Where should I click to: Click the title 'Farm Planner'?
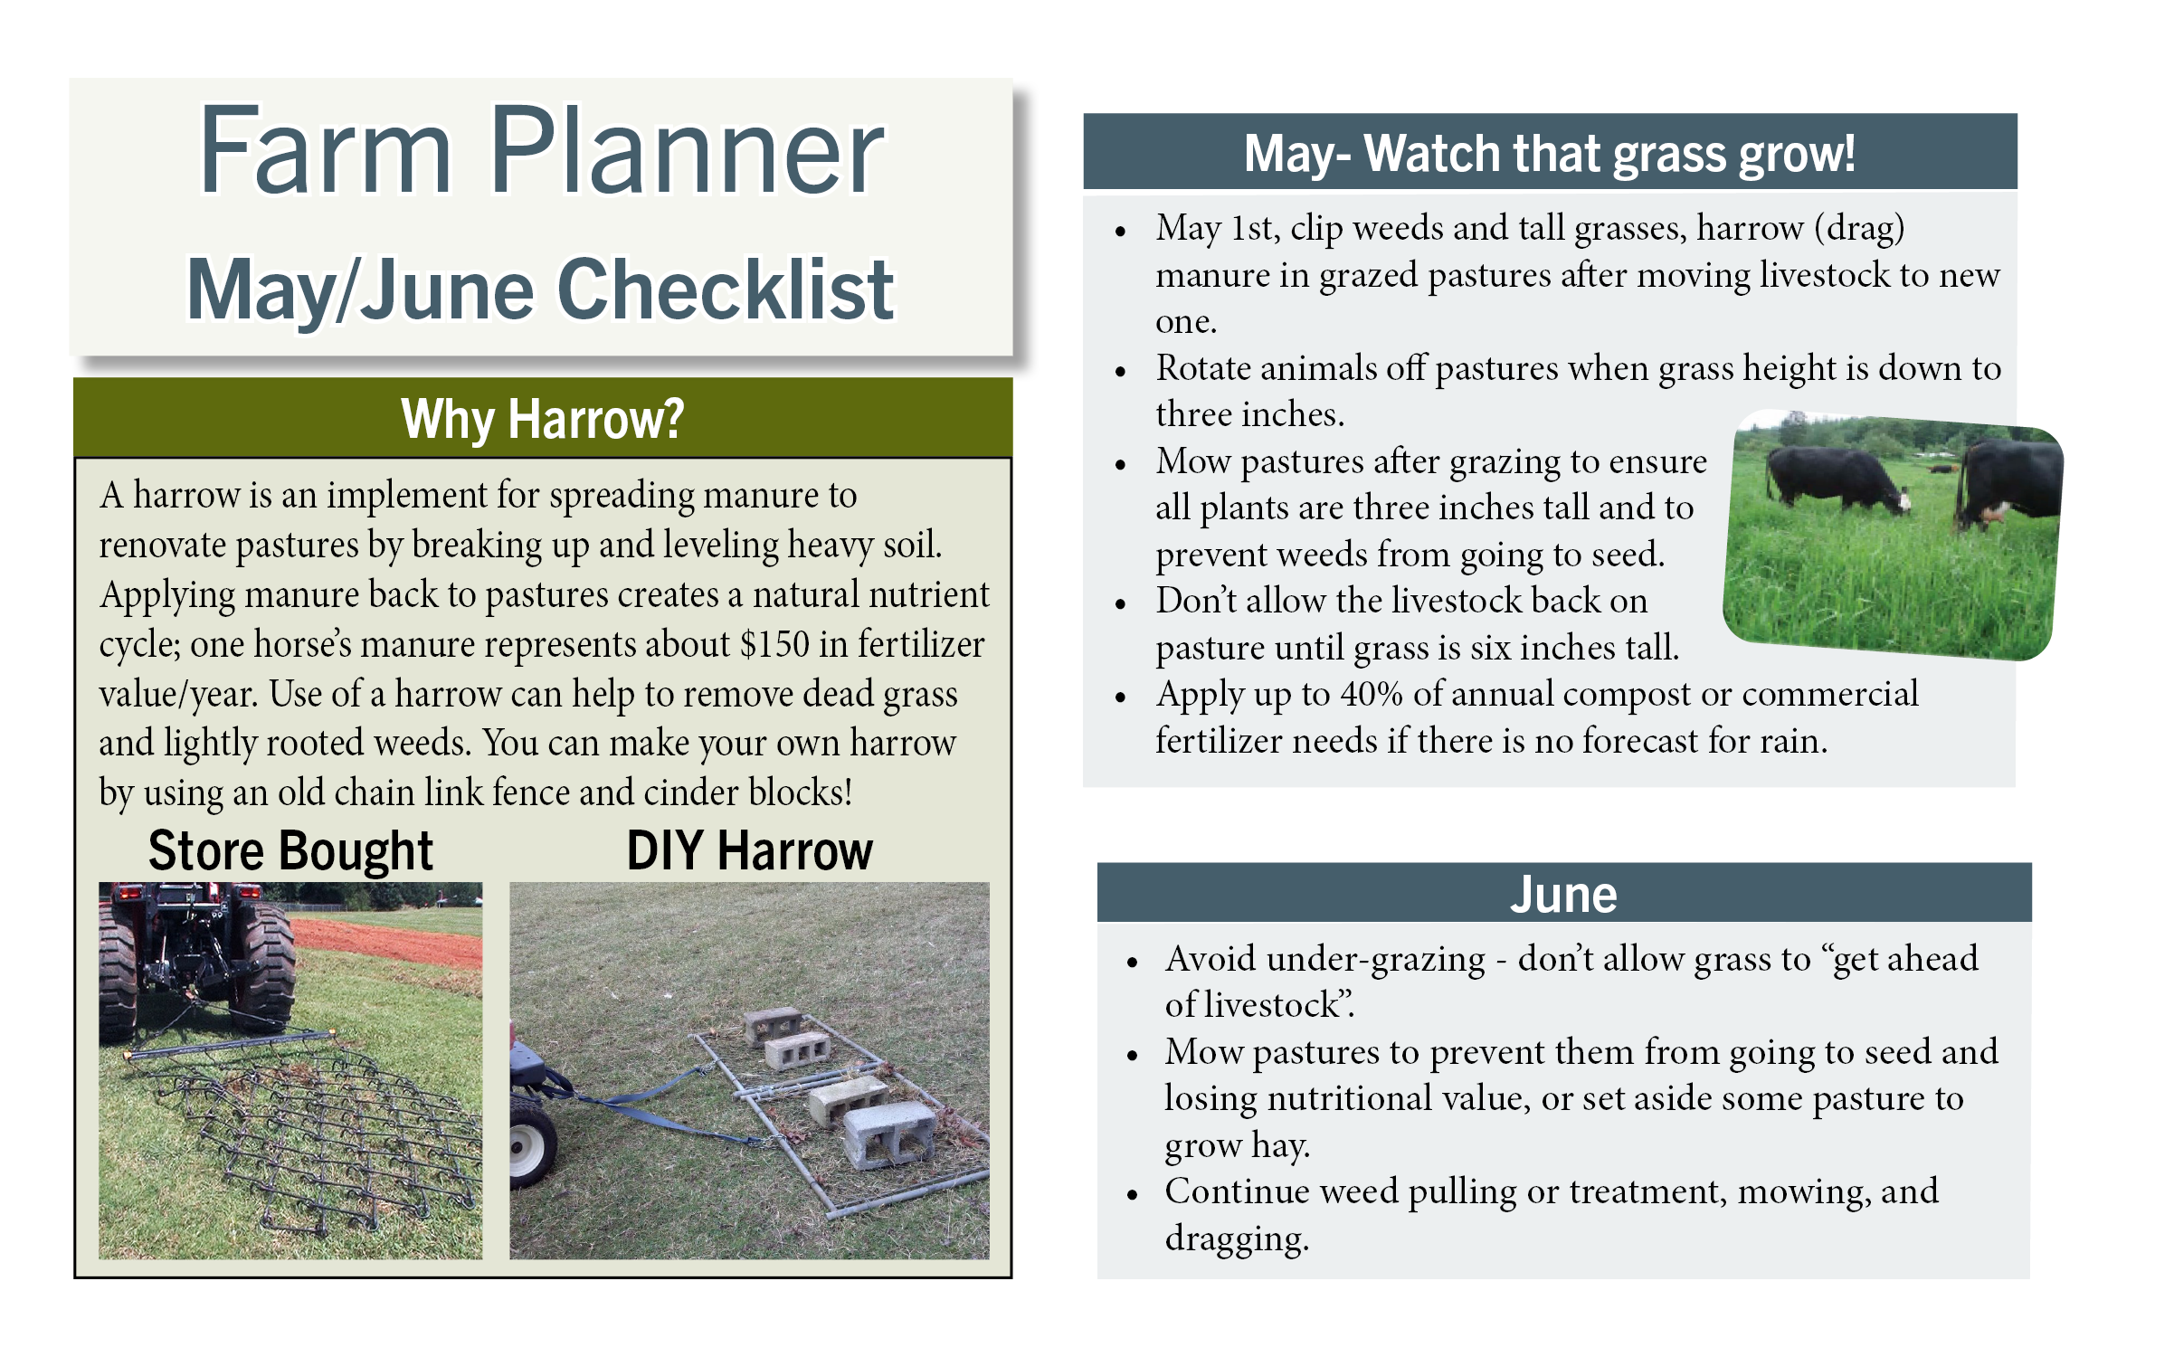(x=541, y=151)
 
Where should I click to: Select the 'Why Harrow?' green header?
(x=542, y=419)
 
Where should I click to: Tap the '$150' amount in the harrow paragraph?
(x=774, y=644)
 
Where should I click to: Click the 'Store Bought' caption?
(x=290, y=851)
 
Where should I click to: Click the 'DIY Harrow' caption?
(x=749, y=851)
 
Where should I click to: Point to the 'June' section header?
(x=1562, y=894)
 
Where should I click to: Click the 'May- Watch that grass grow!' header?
(x=1549, y=153)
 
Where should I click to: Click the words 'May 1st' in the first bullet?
(x=1217, y=228)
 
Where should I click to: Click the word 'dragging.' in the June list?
(x=1236, y=1238)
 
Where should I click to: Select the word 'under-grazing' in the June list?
(x=1375, y=959)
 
